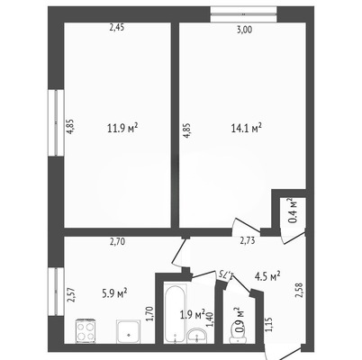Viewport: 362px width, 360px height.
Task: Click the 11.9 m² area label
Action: coord(122,128)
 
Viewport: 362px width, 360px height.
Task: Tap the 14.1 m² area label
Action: coord(246,128)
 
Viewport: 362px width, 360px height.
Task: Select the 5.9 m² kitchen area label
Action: coord(114,293)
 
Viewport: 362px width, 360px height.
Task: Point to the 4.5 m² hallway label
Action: coord(267,276)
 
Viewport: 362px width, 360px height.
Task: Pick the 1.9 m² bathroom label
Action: coord(193,315)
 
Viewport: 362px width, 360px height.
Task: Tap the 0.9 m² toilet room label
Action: coord(240,319)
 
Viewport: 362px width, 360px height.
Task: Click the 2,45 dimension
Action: coord(116,28)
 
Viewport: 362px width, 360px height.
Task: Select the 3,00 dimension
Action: coord(244,30)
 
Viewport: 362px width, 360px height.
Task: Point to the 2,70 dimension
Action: coord(117,241)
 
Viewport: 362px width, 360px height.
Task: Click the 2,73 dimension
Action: coord(247,241)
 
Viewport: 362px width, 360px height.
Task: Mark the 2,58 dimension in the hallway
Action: coord(299,291)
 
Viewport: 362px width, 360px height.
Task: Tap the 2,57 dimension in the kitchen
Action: coord(72,295)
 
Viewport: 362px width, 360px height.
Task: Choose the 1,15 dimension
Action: coord(268,325)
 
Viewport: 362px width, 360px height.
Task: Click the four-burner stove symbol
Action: coord(86,331)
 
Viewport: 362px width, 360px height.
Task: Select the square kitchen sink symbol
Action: coord(128,331)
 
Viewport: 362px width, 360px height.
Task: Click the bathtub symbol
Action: coord(175,313)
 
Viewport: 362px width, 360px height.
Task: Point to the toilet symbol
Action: coord(238,337)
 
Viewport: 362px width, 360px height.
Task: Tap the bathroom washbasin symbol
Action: coord(196,336)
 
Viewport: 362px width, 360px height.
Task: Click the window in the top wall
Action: coord(243,14)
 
